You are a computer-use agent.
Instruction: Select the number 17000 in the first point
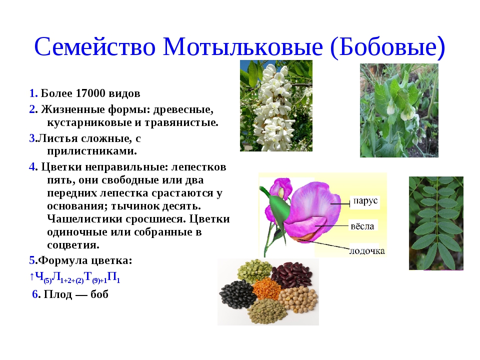pos(94,93)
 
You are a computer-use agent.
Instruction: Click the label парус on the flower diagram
pos(364,202)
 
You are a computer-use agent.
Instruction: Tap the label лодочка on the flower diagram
pos(367,250)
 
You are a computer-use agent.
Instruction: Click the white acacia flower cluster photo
pos(276,105)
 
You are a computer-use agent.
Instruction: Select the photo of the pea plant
pos(398,110)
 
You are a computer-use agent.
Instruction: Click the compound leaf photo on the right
pos(435,223)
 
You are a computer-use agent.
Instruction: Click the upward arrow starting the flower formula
pos(31,276)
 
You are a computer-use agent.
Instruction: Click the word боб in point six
pos(99,294)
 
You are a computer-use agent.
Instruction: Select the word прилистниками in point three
pos(91,150)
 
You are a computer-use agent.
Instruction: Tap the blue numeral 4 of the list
pos(32,166)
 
